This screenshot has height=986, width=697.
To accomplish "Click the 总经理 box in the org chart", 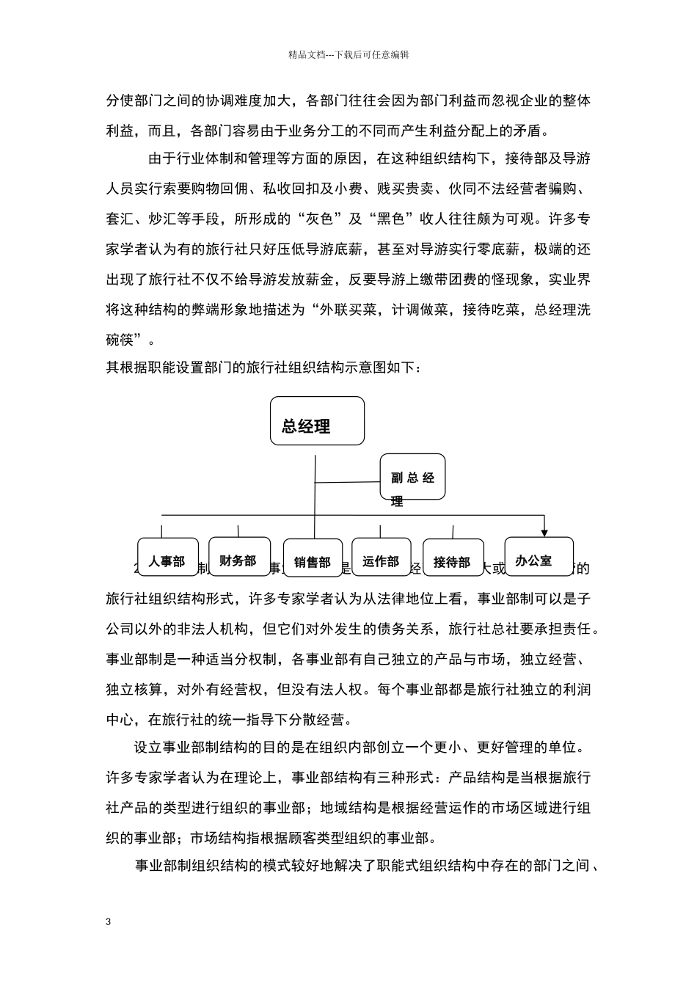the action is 317,421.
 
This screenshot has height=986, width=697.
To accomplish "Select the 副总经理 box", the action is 412,478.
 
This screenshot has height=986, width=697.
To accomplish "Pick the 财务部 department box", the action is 238,560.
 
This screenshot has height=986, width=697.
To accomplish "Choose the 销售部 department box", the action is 312,562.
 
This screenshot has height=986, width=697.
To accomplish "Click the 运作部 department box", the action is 381,561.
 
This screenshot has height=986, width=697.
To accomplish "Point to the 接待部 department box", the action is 452,562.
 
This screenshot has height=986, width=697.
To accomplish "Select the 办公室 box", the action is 534,560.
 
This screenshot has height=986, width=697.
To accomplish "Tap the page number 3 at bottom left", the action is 109,921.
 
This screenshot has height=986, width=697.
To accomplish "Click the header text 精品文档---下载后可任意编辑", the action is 348,54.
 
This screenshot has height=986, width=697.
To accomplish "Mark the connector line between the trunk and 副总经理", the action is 347,482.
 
